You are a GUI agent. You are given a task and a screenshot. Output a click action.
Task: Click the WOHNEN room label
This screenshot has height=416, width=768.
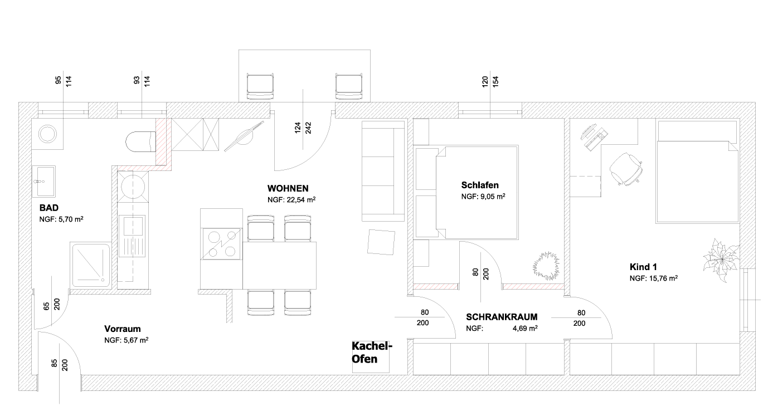[x=288, y=188]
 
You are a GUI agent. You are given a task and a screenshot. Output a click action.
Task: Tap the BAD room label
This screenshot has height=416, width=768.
[x=49, y=208]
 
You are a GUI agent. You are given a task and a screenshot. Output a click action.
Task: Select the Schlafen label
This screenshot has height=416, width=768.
[x=480, y=185]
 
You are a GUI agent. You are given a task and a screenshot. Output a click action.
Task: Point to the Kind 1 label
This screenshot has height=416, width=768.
[x=643, y=267]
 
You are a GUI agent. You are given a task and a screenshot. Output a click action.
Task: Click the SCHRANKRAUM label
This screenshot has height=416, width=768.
[x=502, y=317]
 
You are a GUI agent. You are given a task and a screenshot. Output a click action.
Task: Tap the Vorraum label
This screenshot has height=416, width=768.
[x=123, y=329]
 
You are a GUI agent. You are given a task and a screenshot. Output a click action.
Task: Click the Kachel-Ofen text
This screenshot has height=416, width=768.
[x=372, y=353]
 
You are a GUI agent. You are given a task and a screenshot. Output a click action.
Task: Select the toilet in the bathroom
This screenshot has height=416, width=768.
[x=140, y=141]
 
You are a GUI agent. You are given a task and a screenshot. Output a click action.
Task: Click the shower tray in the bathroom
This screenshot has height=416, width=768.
[x=91, y=265]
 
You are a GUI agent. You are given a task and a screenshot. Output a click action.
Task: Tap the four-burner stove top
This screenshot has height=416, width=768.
[x=222, y=244]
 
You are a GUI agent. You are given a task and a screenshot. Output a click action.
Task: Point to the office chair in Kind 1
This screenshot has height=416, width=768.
[x=626, y=169]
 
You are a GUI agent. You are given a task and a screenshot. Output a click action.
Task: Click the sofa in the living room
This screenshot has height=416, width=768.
[x=383, y=172]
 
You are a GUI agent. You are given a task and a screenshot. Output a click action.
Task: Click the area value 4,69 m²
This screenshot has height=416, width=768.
[x=525, y=328]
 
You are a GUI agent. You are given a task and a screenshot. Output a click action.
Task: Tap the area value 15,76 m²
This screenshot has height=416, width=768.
[x=663, y=278]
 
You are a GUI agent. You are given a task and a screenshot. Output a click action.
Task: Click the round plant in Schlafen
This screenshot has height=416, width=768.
[x=546, y=266]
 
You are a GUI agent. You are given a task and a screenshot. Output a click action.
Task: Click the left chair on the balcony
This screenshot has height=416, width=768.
[x=260, y=86]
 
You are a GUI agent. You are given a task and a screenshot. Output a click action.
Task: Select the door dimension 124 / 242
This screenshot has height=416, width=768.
[x=303, y=128]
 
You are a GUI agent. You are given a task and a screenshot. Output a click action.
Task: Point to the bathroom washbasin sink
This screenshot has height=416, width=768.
[x=43, y=182]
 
